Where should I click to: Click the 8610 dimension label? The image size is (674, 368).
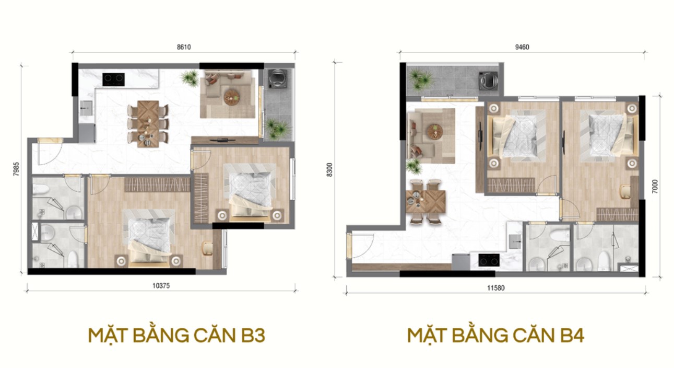184,47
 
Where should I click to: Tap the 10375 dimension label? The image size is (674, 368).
161,285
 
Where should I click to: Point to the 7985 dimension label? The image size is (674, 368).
16,169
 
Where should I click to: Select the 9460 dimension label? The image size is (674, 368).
522,47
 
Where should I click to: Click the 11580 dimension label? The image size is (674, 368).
495,288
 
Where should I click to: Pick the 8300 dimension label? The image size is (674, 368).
330,169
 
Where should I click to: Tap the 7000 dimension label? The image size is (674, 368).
655,186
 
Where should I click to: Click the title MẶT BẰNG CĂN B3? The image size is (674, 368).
176,335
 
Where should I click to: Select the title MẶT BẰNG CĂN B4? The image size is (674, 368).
495,335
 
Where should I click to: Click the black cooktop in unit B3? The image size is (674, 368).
114,79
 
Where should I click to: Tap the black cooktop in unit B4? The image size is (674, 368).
489,260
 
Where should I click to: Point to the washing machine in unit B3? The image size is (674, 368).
277,78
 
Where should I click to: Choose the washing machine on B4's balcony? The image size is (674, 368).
489,81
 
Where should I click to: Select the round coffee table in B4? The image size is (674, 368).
434,132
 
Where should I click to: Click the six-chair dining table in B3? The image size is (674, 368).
148,124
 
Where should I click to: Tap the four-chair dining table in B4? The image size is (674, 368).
426,201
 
